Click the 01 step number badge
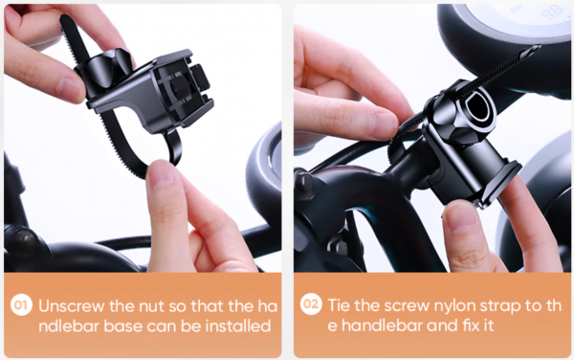[x=21, y=305]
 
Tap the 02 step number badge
[x=311, y=304]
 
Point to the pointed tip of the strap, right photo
[x=536, y=48]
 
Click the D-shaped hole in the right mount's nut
[x=477, y=105]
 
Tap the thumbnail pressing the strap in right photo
[x=383, y=125]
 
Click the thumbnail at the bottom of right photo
[x=459, y=217]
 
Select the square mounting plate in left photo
[x=180, y=89]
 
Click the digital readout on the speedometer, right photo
[x=552, y=12]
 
